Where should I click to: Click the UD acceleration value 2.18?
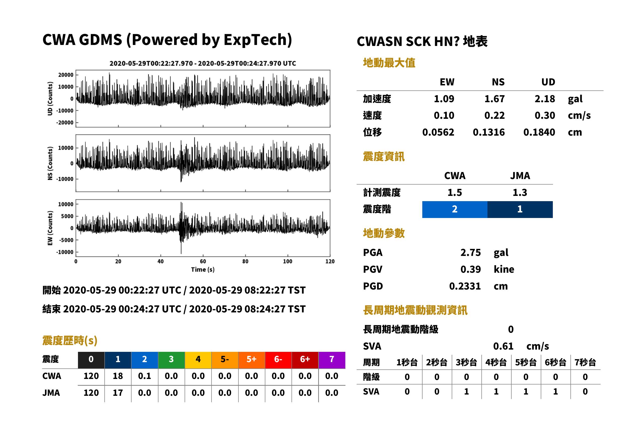[545, 99]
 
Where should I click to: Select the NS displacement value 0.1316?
[488, 132]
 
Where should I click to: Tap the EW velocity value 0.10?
[444, 115]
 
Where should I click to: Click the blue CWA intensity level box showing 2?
[454, 209]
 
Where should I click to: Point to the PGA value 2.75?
[470, 252]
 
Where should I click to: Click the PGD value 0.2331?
[465, 286]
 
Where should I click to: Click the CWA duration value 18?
[118, 376]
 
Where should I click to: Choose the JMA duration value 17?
[118, 393]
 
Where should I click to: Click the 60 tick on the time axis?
[203, 261]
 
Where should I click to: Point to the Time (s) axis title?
[203, 269]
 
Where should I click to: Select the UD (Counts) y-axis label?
[50, 99]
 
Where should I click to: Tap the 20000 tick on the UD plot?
[66, 75]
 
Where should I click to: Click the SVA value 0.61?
[503, 346]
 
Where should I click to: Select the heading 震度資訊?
[384, 156]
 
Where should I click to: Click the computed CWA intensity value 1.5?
[454, 192]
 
